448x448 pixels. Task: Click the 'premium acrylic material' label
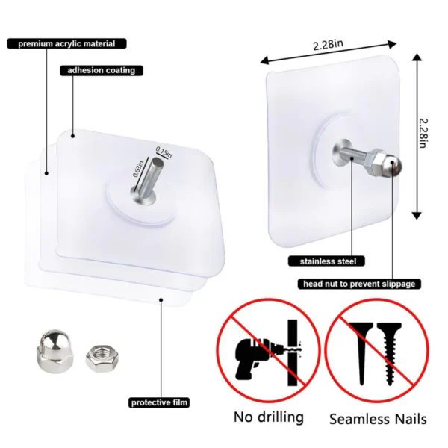tap(66, 44)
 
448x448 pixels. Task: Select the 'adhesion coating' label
tap(101, 71)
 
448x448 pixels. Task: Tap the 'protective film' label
tap(159, 402)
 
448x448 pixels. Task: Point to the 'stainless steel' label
tap(326, 261)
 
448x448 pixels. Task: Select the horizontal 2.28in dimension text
tap(329, 45)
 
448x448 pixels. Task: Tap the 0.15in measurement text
tap(164, 153)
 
